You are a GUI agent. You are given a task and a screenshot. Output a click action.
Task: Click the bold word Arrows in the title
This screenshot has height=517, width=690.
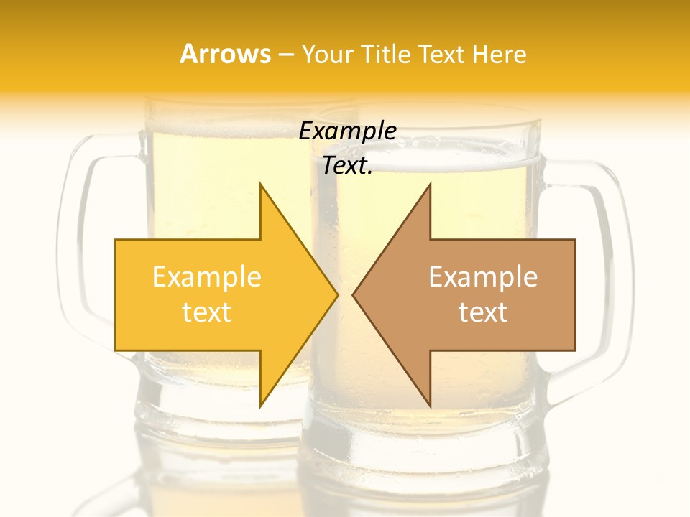click(226, 54)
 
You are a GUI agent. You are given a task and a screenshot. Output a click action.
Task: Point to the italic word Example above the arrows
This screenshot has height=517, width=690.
click(348, 131)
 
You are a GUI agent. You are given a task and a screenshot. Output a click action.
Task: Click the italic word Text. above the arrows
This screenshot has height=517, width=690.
click(348, 166)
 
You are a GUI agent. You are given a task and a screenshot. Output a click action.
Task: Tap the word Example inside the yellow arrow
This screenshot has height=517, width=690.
click(207, 277)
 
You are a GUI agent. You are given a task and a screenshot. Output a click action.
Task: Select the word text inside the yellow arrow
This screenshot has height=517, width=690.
click(207, 312)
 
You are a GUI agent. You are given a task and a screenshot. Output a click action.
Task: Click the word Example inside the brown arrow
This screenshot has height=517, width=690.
click(483, 277)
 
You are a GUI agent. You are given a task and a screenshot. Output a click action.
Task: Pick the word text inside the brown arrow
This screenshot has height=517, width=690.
click(483, 312)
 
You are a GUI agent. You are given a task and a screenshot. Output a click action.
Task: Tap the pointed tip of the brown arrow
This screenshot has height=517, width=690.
click(354, 294)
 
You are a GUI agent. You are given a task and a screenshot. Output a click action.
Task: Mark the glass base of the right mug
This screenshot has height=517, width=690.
click(424, 445)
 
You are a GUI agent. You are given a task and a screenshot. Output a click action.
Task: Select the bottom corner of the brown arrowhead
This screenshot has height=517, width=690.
click(430, 405)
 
